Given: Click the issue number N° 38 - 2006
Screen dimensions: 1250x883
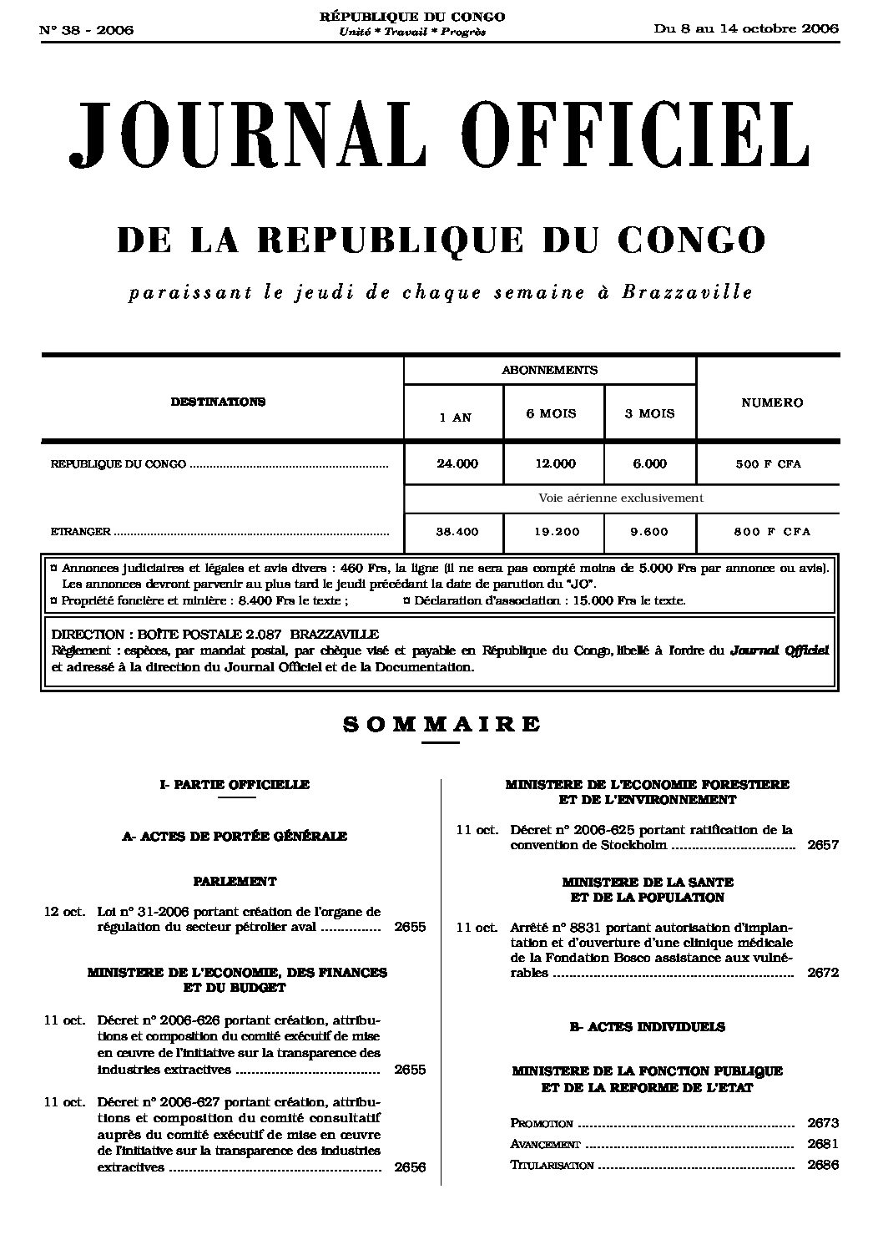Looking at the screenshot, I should tap(87, 31).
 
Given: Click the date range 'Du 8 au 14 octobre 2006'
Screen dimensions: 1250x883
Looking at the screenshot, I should tap(746, 28).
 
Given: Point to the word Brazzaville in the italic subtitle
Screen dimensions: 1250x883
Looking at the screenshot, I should tap(688, 292).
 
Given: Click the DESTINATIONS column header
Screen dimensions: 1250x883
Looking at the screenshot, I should tap(218, 402).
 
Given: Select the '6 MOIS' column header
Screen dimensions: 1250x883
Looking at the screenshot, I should tap(551, 413).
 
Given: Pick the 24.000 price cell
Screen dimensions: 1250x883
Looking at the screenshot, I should tap(457, 464).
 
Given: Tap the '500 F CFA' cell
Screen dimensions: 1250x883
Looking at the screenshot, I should tap(768, 464).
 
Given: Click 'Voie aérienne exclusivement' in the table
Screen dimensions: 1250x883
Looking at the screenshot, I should tap(621, 498).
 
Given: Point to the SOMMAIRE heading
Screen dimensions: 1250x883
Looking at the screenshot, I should tap(441, 725).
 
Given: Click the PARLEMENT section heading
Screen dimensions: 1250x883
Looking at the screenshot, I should tap(235, 881).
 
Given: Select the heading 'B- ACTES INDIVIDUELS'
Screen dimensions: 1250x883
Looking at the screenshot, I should tap(647, 1027).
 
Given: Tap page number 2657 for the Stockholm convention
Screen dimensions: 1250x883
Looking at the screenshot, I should tap(823, 845).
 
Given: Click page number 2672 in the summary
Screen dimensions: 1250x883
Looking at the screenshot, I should tap(823, 973).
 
